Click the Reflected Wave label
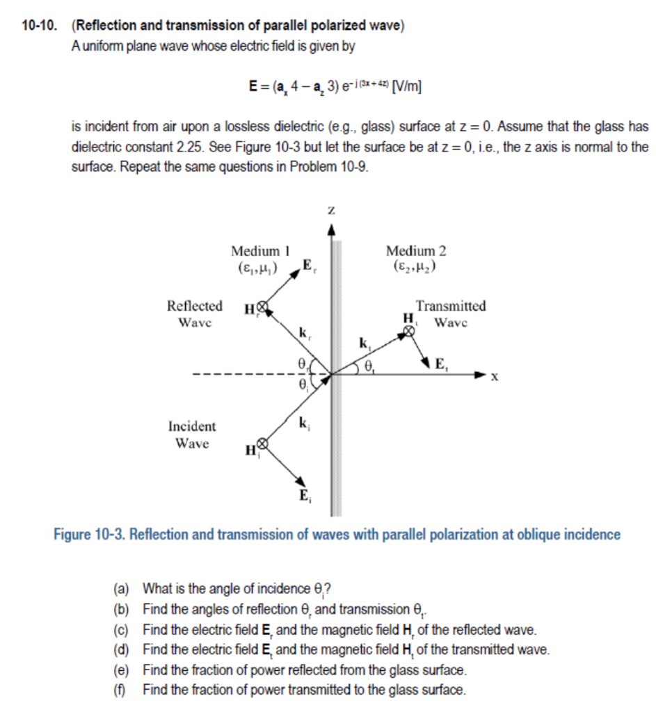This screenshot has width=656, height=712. click(x=195, y=314)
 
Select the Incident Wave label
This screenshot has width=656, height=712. click(x=192, y=434)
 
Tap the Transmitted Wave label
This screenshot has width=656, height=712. click(x=451, y=314)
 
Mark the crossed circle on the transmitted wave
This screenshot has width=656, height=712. click(x=410, y=331)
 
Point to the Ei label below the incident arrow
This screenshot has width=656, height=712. click(x=305, y=496)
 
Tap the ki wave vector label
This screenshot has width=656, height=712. click(x=303, y=421)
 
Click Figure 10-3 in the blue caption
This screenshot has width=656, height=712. click(x=89, y=535)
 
